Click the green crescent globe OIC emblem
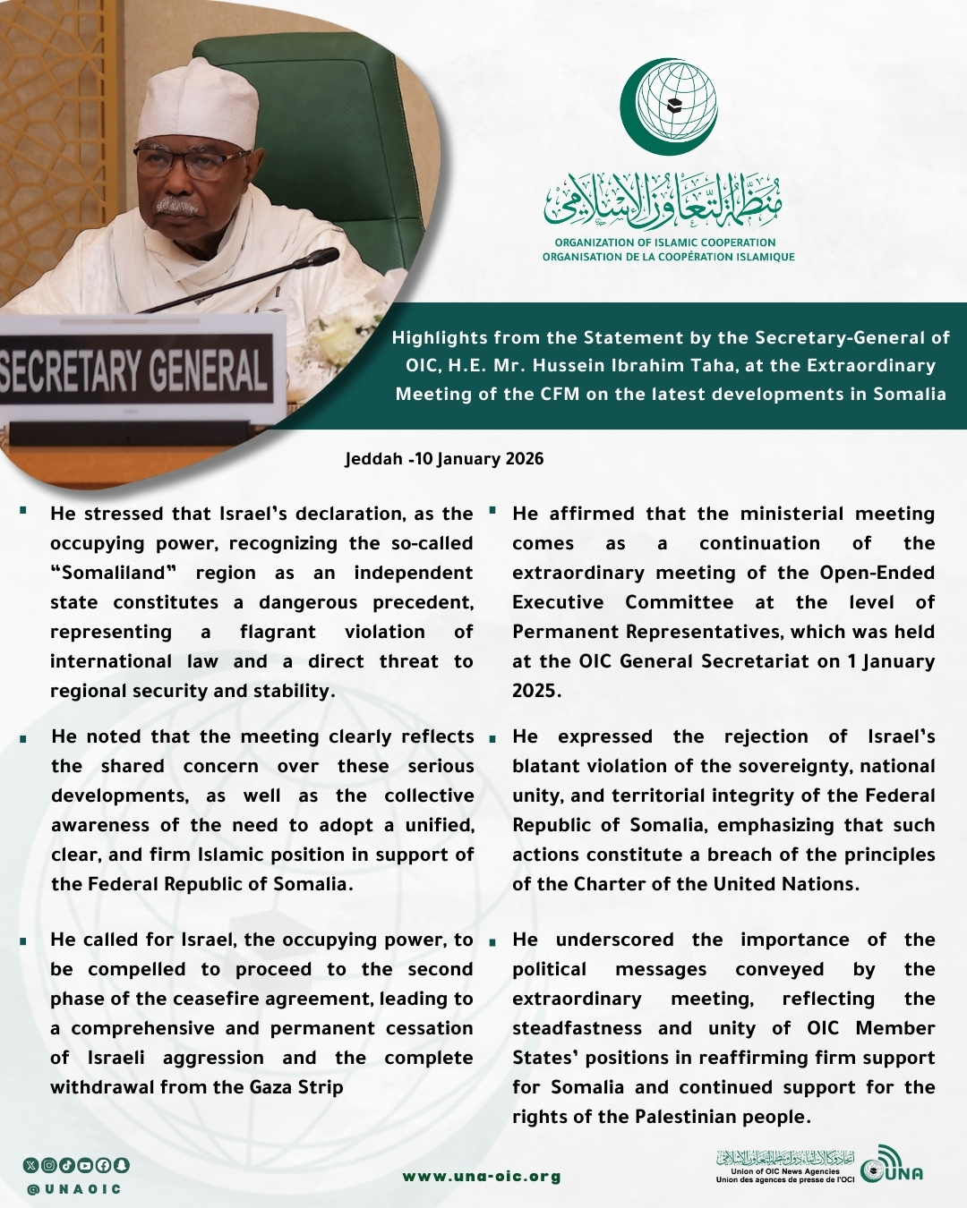(x=670, y=106)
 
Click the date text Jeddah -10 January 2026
(x=444, y=459)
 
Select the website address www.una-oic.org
(x=482, y=1177)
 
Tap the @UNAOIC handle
(x=74, y=1189)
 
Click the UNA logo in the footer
(x=891, y=1167)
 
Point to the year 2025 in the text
(x=535, y=691)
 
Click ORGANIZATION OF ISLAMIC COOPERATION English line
(x=665, y=242)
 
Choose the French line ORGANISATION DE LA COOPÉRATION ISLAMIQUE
(x=668, y=257)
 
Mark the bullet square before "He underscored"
(x=492, y=941)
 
